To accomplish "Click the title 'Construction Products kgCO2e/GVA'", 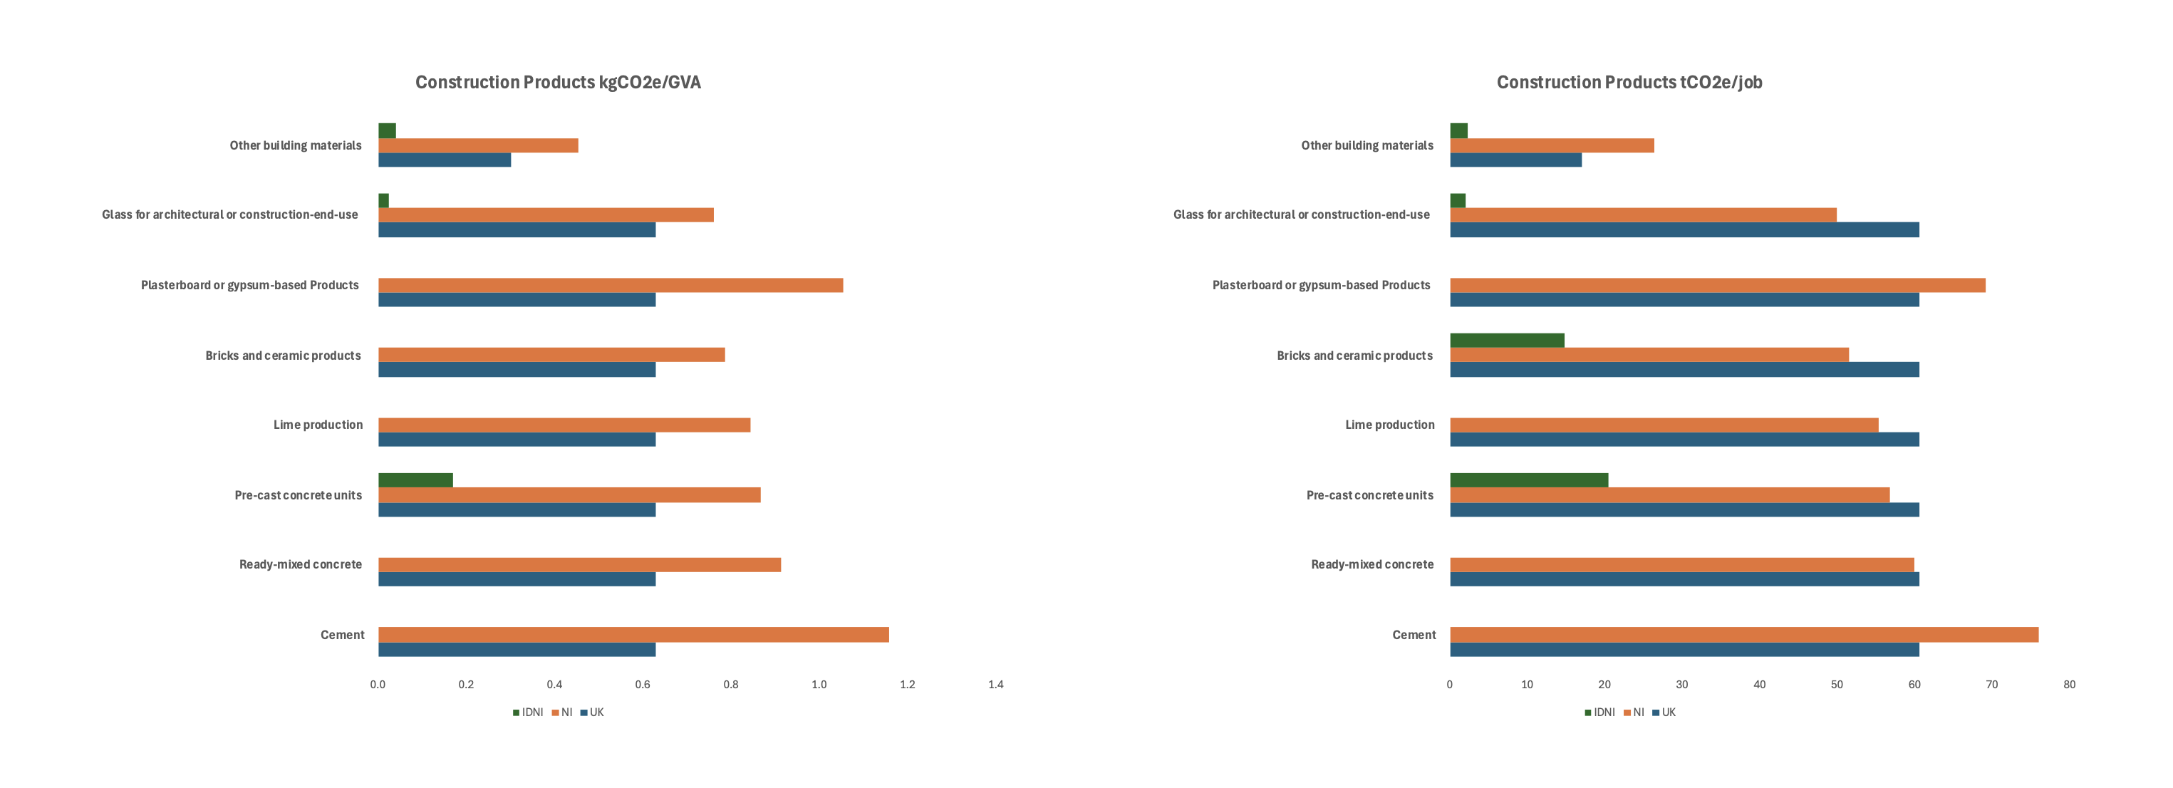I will (x=558, y=83).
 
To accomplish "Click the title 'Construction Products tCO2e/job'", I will (x=1629, y=83).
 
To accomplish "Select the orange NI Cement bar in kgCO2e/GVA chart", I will (x=633, y=634).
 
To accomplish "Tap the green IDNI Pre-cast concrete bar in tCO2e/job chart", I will (x=1528, y=480).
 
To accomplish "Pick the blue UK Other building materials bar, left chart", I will (x=445, y=160).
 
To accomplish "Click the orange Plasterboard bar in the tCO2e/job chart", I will (x=1716, y=285).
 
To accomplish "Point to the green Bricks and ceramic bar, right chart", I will (x=1507, y=340).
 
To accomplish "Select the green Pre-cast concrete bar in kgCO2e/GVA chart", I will (x=415, y=480).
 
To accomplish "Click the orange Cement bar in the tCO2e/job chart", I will (x=1743, y=634).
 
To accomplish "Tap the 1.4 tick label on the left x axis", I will (x=995, y=684).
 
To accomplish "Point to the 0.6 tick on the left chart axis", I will (x=643, y=684).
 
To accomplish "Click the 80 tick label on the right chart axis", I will (x=2068, y=684).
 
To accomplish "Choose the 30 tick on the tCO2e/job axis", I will (x=1681, y=684).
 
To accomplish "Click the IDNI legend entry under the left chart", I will (x=528, y=712).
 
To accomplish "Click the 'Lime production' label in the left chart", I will (x=318, y=425).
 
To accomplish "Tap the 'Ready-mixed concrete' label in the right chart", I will (x=1371, y=564).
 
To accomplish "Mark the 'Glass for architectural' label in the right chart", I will (x=1301, y=215).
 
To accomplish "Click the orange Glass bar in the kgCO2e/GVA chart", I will (x=546, y=215).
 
